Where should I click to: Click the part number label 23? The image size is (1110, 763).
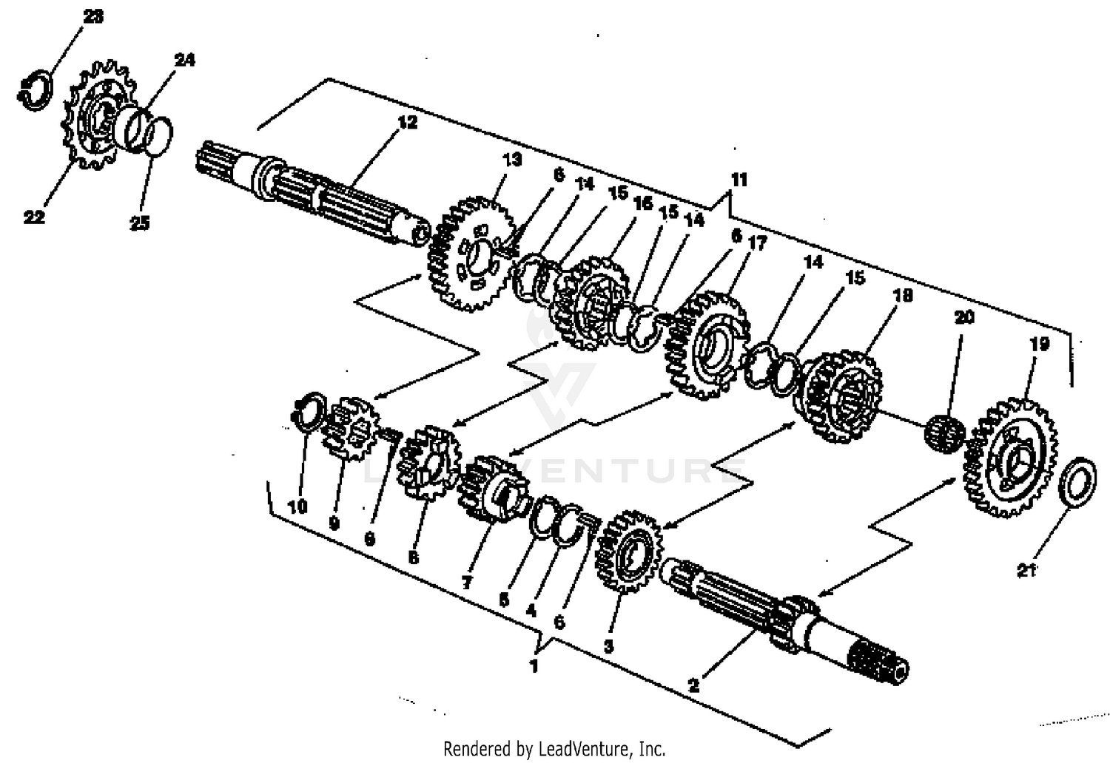[93, 16]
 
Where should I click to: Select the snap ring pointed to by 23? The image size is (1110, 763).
[35, 92]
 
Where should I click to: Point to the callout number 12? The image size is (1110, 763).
[407, 122]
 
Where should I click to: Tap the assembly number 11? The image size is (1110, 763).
[739, 180]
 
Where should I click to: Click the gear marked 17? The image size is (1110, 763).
[707, 344]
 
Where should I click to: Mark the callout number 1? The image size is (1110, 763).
[534, 665]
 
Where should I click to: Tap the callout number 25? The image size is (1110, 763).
[140, 223]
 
